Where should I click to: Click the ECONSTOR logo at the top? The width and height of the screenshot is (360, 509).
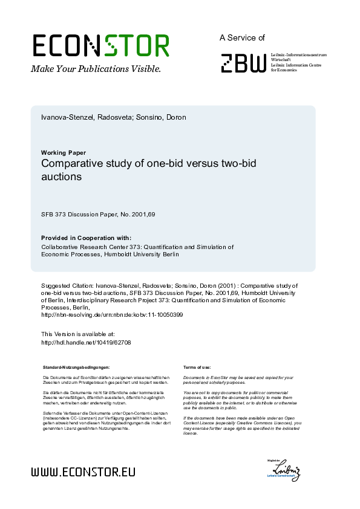point(100,46)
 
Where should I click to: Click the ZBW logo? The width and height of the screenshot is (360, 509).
point(243,63)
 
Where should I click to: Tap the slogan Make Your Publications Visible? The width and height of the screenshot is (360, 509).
point(96,69)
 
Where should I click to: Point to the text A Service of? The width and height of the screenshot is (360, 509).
point(242,37)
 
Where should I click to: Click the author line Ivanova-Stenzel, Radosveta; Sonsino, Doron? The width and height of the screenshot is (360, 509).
point(113,117)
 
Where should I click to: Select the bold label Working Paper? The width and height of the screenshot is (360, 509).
point(63,152)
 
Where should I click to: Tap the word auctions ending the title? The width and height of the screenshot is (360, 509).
point(61,178)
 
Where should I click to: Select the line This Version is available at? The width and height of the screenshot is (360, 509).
point(77,334)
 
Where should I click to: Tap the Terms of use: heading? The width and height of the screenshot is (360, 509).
point(197,367)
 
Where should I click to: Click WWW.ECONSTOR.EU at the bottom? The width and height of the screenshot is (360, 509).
point(83,472)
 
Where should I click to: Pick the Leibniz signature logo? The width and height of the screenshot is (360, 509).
point(284,470)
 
